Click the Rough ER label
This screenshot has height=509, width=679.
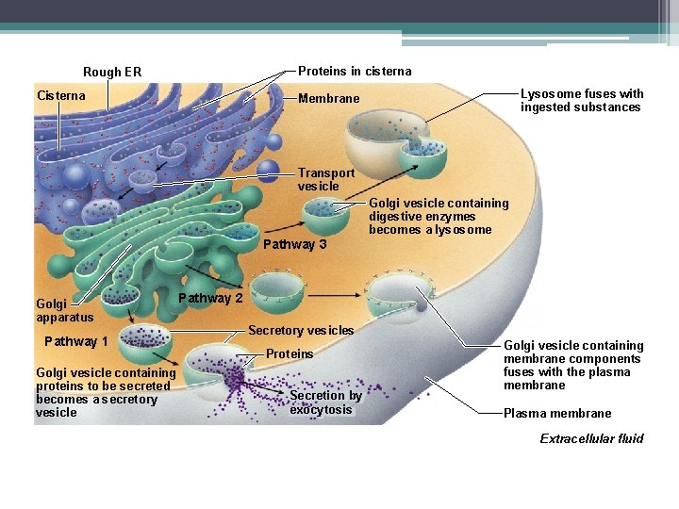tap(112, 73)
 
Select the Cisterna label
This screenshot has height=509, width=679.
tap(60, 95)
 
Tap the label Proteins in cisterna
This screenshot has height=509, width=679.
tap(355, 71)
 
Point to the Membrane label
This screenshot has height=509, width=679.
tap(328, 98)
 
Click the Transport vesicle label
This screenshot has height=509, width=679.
tap(326, 179)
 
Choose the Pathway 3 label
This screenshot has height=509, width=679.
tap(294, 245)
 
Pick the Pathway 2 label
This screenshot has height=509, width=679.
tap(210, 298)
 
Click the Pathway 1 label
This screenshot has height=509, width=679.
tap(76, 341)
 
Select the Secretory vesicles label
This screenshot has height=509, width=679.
tap(301, 330)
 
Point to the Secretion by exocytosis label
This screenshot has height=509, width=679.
tap(325, 402)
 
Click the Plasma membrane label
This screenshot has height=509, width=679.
tap(557, 413)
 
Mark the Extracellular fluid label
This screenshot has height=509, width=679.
tap(591, 438)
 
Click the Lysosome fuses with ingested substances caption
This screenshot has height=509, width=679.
tap(582, 100)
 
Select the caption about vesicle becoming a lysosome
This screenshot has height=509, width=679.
tap(439, 216)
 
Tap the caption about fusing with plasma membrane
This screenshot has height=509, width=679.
tap(573, 365)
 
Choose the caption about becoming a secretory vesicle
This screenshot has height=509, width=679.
tap(103, 392)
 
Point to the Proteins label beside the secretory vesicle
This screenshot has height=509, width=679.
tap(290, 353)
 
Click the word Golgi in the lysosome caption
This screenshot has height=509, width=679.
tap(385, 203)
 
